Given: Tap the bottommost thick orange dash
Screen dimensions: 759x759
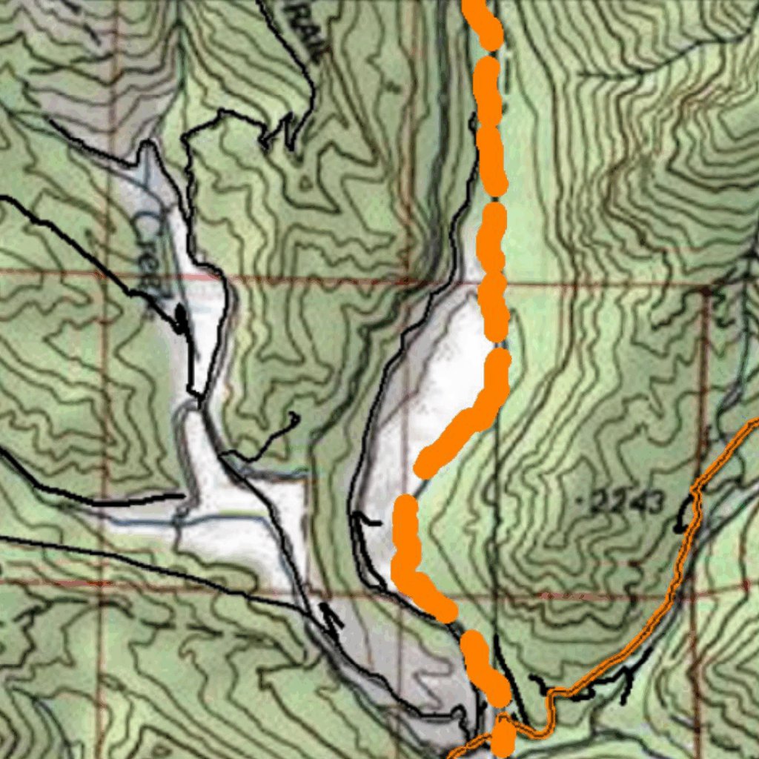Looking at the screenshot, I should pos(503,738).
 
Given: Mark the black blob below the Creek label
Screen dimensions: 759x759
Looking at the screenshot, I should pos(181,319).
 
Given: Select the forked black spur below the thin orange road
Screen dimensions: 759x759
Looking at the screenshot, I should pos(626,678).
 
